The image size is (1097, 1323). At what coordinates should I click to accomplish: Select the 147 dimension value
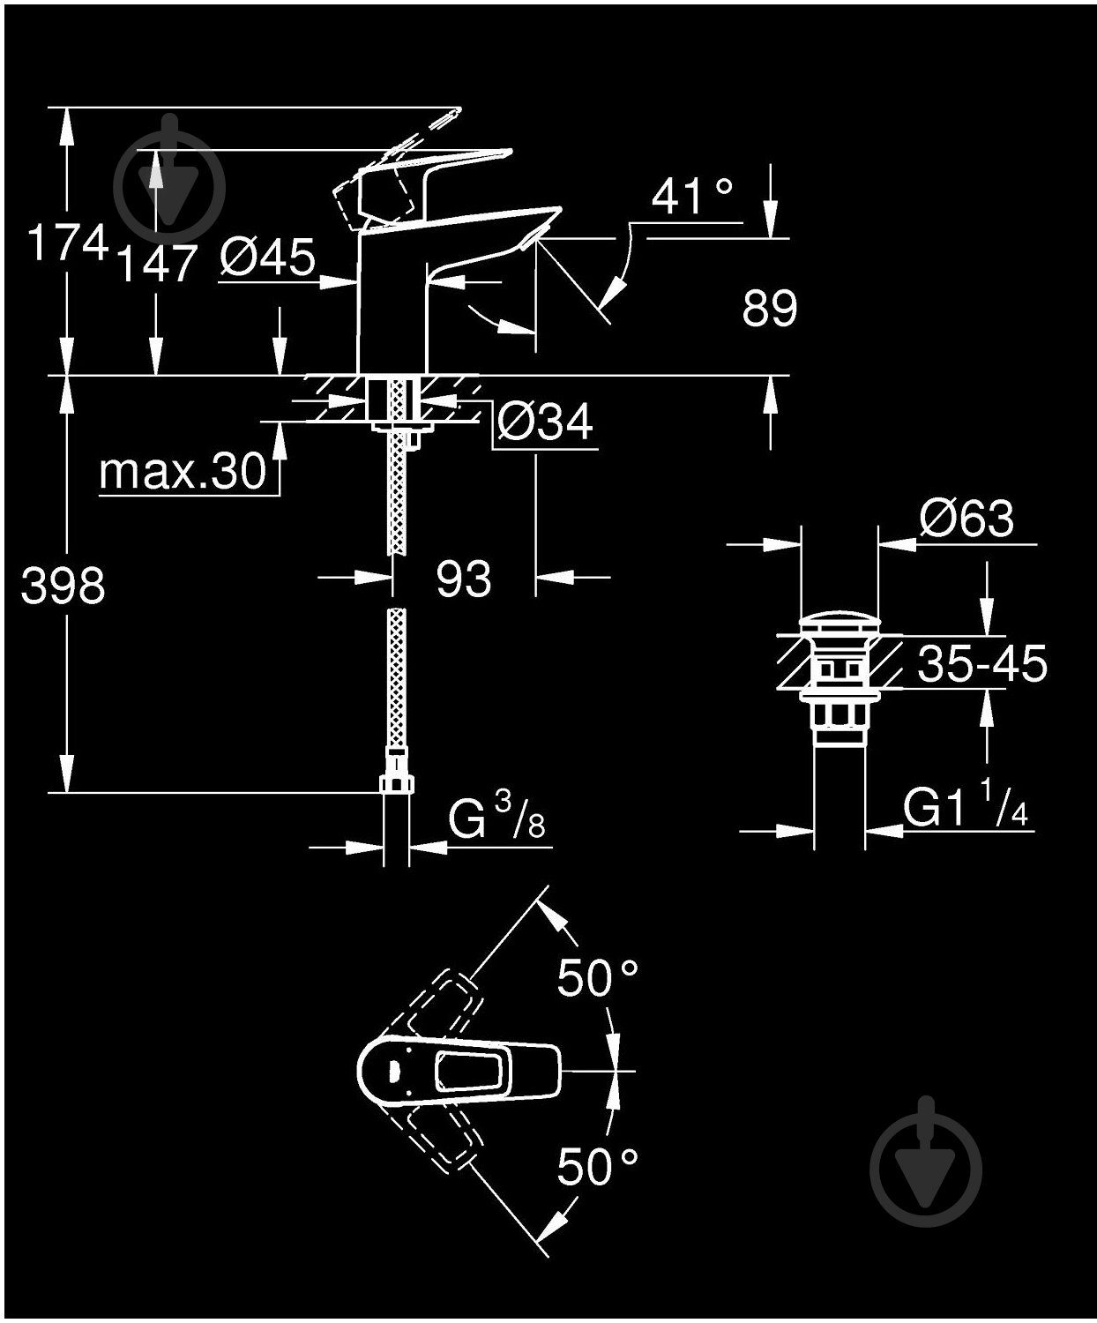pyautogui.click(x=155, y=262)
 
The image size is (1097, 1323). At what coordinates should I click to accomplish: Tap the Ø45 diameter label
pyautogui.click(x=267, y=258)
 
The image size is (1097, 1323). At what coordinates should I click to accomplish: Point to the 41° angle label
pyautogui.click(x=692, y=196)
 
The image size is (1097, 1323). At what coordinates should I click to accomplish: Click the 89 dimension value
pyautogui.click(x=769, y=308)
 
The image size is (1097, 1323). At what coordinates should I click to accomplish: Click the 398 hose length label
pyautogui.click(x=63, y=585)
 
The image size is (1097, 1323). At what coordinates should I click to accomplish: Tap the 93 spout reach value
pyautogui.click(x=463, y=579)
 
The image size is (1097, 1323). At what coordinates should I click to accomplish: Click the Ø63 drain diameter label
pyautogui.click(x=965, y=518)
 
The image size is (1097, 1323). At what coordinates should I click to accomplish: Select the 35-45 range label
pyautogui.click(x=981, y=663)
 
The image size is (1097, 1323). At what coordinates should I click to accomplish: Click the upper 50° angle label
pyautogui.click(x=597, y=976)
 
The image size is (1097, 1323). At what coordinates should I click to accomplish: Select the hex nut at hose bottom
pyautogui.click(x=398, y=783)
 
